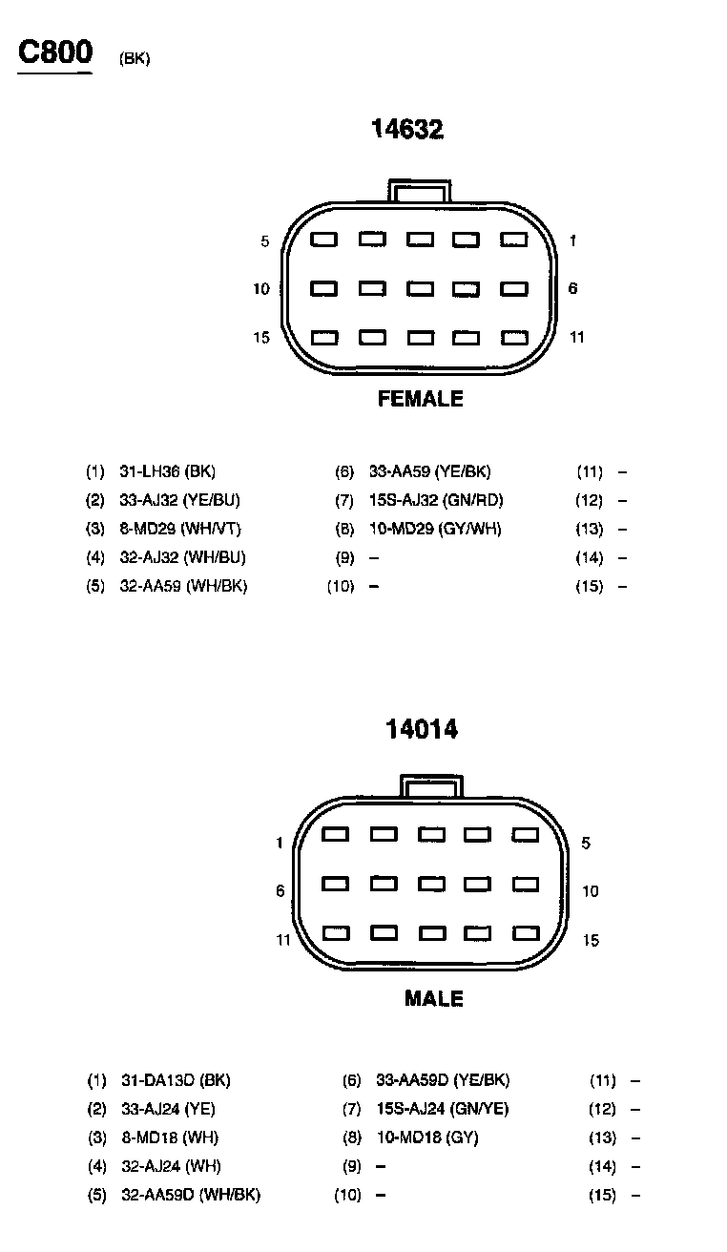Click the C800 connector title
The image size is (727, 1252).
point(55,52)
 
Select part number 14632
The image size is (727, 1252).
point(407,130)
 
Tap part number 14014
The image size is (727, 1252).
point(422,730)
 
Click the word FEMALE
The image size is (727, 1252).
point(421,399)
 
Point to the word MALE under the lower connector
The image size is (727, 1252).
point(434,999)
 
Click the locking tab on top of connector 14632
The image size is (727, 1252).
point(420,190)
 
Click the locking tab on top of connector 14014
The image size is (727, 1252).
point(432,785)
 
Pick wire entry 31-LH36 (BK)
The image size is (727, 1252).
point(167,471)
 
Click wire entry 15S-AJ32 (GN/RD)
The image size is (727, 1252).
point(435,500)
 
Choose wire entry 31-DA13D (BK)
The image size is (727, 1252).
point(176,1081)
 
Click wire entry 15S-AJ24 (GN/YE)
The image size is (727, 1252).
point(443,1109)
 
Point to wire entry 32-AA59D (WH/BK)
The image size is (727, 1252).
point(191,1195)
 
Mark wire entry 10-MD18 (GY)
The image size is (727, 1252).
point(427,1137)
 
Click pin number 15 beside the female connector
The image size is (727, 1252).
point(261,338)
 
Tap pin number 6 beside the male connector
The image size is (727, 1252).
point(280,891)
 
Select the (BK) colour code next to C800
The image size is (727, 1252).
point(135,59)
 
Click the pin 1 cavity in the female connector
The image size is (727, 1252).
point(514,240)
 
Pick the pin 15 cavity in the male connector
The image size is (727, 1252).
point(526,933)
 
